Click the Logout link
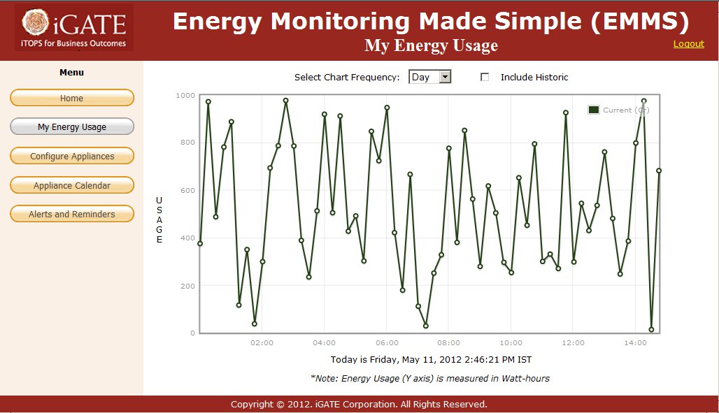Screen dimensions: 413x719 [x=688, y=44]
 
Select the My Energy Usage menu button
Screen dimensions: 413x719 [x=72, y=127]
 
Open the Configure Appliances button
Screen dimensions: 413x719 [x=72, y=157]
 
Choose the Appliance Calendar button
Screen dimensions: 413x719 [x=72, y=185]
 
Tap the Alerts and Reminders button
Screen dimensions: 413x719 [x=72, y=215]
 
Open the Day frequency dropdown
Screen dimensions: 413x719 [x=429, y=78]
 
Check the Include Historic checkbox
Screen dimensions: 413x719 [x=485, y=78]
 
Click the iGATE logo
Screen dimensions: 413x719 [x=74, y=28]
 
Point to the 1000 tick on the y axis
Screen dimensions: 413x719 [x=185, y=95]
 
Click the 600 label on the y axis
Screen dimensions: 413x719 [x=187, y=190]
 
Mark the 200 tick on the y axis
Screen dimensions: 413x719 [x=187, y=286]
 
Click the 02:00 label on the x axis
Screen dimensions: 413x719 [x=262, y=343]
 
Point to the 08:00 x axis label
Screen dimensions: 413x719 [x=448, y=343]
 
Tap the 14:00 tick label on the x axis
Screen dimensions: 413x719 [x=635, y=343]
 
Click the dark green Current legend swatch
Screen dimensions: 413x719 [x=594, y=110]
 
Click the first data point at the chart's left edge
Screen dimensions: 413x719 [x=200, y=243]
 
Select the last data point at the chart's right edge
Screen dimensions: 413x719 [x=659, y=171]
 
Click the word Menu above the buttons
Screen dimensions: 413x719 [x=71, y=73]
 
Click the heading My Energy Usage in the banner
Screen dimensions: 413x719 [x=431, y=46]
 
